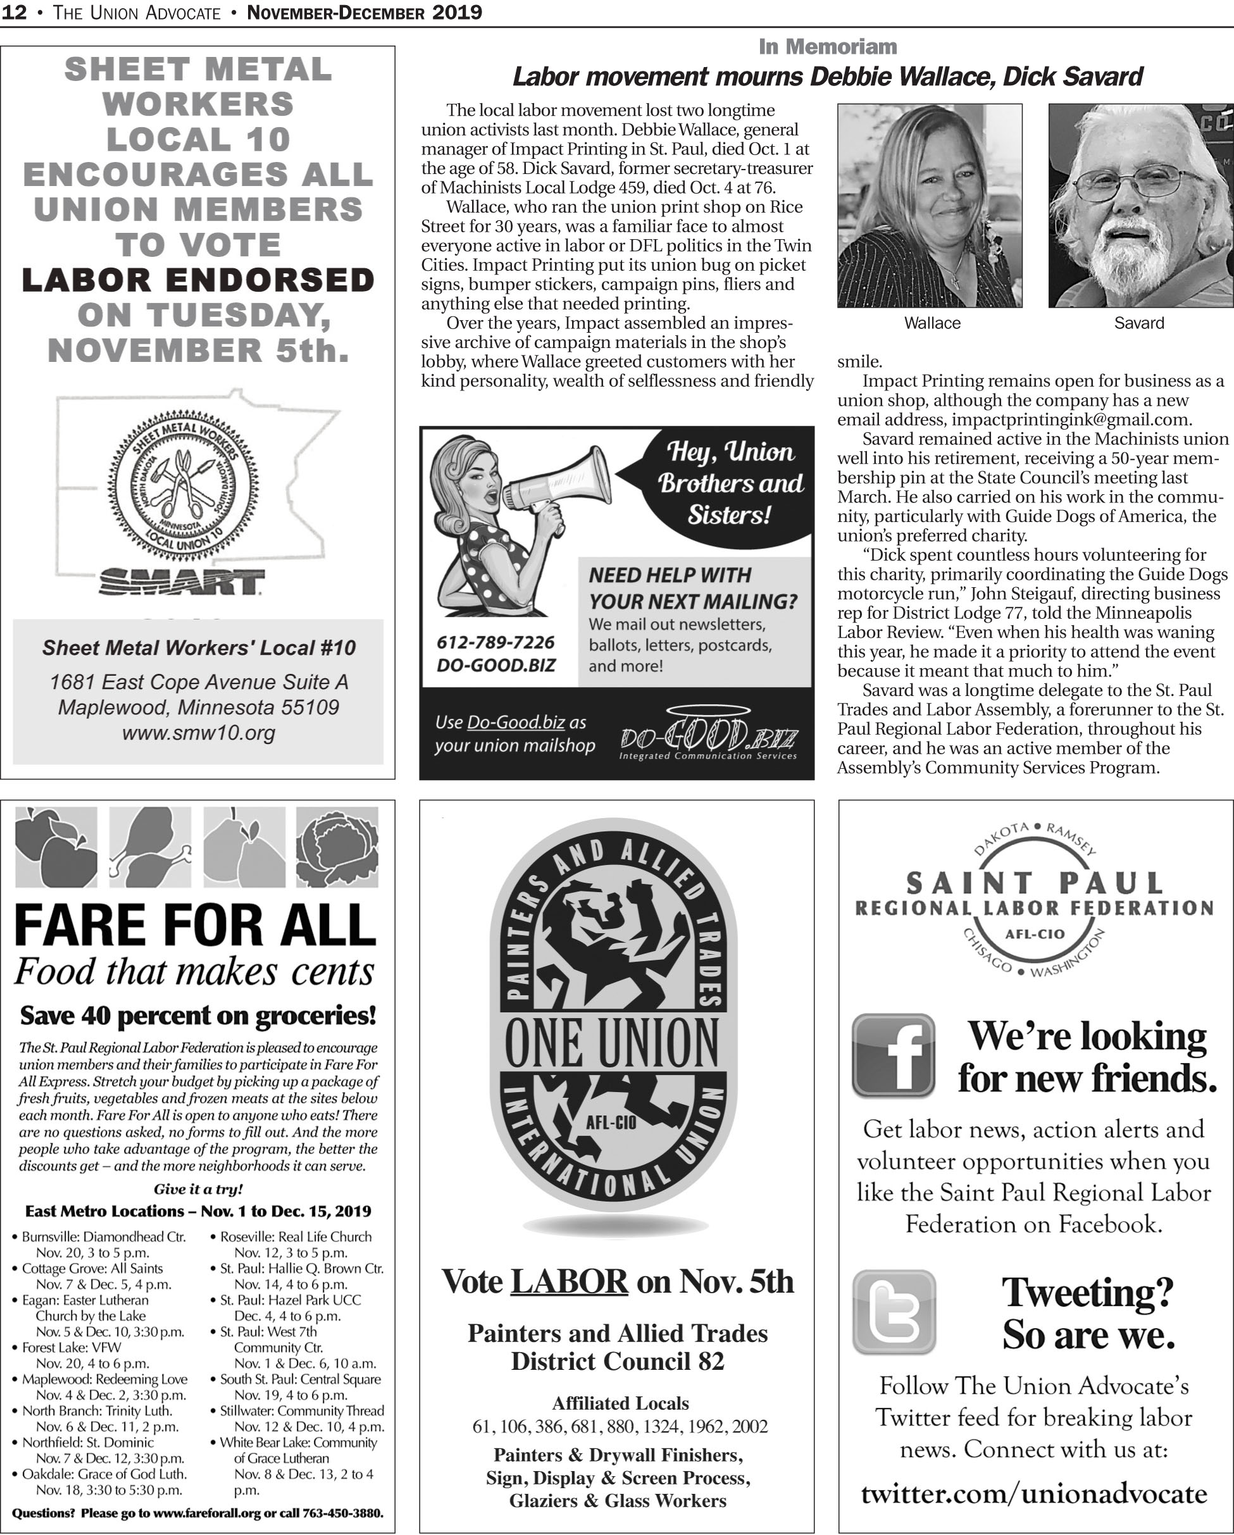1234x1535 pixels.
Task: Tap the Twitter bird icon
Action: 893,1311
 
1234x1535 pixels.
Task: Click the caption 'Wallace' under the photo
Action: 932,323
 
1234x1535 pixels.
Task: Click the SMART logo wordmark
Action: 181,581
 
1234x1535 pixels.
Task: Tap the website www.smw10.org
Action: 198,733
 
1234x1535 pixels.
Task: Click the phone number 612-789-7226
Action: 495,642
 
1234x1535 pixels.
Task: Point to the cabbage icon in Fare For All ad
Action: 337,847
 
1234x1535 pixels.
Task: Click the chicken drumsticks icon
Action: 149,847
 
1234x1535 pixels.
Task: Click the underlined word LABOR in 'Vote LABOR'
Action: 569,1281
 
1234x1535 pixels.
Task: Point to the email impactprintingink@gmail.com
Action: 1071,419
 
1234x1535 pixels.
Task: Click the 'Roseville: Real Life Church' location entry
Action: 295,1237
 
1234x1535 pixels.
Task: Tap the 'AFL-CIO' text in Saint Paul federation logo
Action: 1034,934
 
